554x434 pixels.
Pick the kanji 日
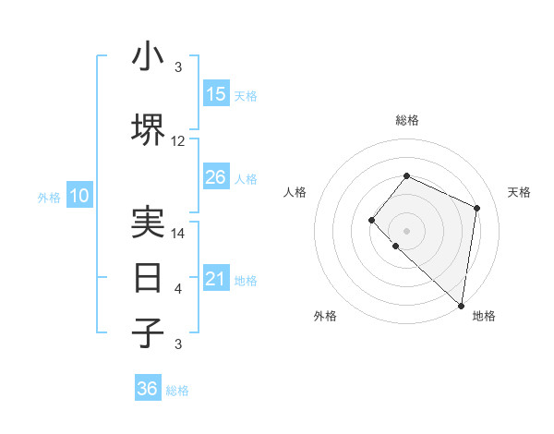149,277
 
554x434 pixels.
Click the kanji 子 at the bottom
149,332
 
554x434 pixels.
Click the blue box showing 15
216,94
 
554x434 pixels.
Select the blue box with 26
216,177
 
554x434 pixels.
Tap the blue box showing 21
216,279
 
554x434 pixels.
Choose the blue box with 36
148,389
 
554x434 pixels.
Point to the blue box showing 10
79,196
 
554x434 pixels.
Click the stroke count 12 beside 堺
178,141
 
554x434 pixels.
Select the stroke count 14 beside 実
178,234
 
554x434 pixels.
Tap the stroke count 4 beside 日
178,289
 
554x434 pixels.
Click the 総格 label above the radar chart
406,120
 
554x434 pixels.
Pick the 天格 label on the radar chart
519,192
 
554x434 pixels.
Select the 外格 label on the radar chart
325,316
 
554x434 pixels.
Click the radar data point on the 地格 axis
462,306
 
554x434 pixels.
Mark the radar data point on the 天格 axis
476,208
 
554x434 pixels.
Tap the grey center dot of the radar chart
406,230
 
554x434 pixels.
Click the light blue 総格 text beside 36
177,391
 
